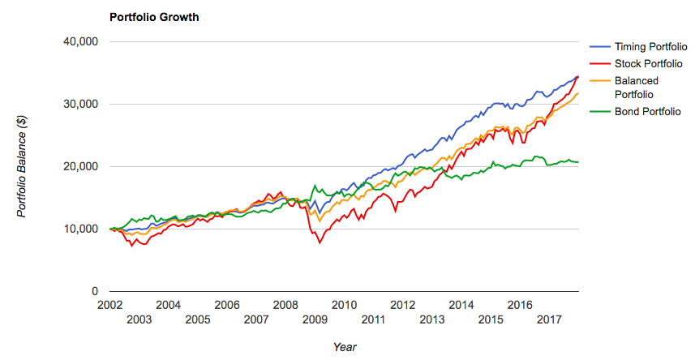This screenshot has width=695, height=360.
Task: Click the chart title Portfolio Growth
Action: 153,16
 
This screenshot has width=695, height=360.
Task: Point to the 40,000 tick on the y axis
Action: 80,42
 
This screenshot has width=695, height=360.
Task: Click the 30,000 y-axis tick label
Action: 80,105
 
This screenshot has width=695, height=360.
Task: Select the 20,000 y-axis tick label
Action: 80,167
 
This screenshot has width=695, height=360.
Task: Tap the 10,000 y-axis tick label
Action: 80,229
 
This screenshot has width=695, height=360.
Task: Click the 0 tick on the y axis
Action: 95,292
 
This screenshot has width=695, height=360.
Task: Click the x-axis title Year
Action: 344,346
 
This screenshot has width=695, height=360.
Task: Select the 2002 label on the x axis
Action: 109,305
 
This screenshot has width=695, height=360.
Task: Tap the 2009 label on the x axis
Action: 315,320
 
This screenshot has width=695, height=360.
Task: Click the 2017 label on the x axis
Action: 549,320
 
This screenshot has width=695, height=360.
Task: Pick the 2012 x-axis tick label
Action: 402,305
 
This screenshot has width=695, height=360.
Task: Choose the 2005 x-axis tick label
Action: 197,320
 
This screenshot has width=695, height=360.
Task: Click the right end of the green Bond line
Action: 578,162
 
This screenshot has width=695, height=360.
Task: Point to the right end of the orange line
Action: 578,93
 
